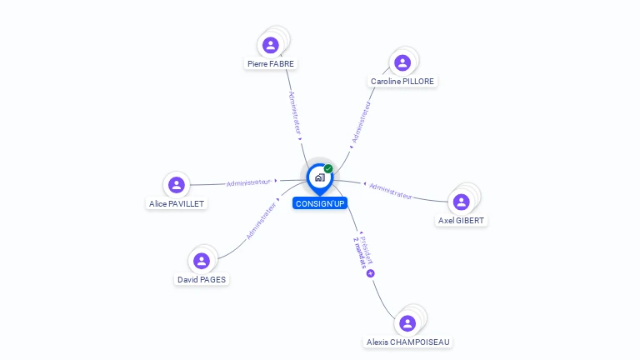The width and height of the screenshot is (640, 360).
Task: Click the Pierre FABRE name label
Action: (x=271, y=63)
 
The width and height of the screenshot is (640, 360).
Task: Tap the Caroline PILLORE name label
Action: (x=402, y=82)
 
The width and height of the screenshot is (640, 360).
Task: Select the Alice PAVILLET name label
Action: (x=176, y=203)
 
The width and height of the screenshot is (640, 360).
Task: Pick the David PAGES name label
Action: (x=201, y=280)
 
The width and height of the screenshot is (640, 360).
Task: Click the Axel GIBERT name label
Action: (x=462, y=221)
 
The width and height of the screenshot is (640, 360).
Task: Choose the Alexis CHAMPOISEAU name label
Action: (x=408, y=342)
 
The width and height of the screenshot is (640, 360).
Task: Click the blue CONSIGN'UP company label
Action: (x=320, y=203)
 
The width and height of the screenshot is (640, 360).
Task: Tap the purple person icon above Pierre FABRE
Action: (x=270, y=45)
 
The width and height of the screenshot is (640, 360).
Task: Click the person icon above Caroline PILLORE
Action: (x=402, y=62)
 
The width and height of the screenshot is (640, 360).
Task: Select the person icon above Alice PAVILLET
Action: (x=176, y=184)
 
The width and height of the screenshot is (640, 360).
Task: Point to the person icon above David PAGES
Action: (x=201, y=261)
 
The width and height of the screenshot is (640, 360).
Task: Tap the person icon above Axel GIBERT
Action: (x=461, y=202)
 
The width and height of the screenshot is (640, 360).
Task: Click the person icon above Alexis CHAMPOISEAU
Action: (x=407, y=323)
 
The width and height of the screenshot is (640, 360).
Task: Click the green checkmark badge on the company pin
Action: (x=328, y=169)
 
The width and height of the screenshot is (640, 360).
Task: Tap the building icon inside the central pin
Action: (x=319, y=177)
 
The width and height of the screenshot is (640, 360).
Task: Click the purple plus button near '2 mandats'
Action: (x=370, y=273)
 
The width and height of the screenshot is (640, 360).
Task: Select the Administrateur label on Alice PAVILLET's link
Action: (x=249, y=182)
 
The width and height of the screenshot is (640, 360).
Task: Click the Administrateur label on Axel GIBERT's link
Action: (x=391, y=191)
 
